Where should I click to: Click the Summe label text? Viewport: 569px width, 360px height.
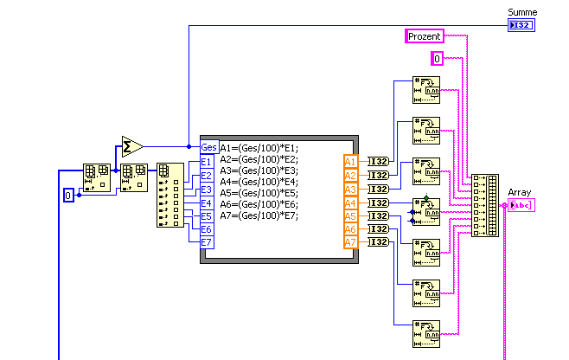point(522,12)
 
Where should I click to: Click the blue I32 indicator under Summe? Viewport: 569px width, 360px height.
point(522,26)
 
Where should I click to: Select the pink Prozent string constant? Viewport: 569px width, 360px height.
point(425,36)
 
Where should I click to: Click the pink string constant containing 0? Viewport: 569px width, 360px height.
point(438,59)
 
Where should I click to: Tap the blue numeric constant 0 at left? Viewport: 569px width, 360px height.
point(69,196)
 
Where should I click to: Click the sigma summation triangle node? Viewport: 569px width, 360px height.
point(131,146)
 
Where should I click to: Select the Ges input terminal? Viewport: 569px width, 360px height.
point(208,147)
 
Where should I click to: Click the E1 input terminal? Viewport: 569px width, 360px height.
point(207,162)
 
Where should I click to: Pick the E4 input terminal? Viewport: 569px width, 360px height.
point(207,202)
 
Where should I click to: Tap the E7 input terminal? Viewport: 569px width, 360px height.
point(207,243)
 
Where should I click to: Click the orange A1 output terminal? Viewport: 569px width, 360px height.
point(350,162)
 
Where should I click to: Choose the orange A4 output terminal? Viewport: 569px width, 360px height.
point(350,202)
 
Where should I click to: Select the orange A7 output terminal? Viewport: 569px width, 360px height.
point(350,242)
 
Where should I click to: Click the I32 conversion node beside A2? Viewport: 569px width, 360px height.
point(378,176)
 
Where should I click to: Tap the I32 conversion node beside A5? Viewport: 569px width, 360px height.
point(378,216)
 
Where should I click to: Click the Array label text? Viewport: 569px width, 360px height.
point(519,193)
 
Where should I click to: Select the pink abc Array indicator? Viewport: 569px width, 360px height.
point(522,205)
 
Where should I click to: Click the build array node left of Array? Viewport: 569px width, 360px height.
point(485,206)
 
